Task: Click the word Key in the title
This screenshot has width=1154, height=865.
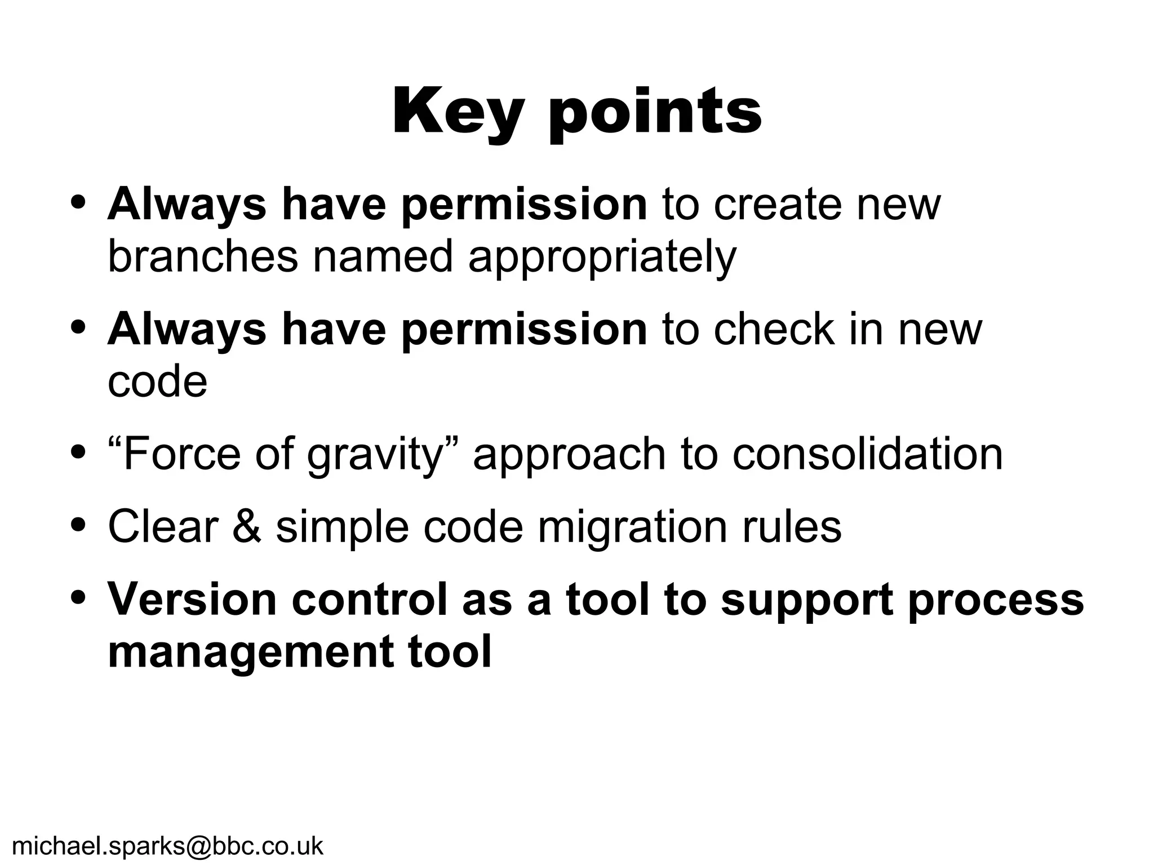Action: (x=456, y=112)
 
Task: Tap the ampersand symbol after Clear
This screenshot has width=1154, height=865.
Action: (x=246, y=526)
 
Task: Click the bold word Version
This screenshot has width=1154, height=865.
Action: (x=192, y=599)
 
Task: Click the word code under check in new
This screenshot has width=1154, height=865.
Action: (x=157, y=382)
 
